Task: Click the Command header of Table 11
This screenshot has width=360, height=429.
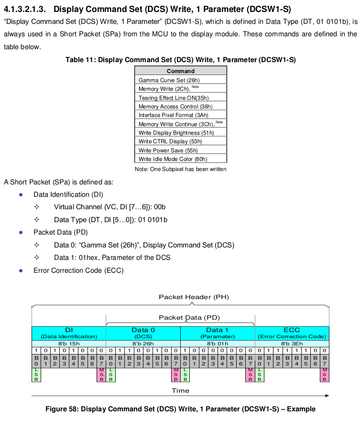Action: pyautogui.click(x=181, y=71)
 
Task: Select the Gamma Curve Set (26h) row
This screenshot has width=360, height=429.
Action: pyautogui.click(x=181, y=80)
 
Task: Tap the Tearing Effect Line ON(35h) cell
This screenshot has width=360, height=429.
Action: pyautogui.click(x=181, y=97)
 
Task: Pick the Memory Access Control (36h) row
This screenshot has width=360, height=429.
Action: pyautogui.click(x=181, y=107)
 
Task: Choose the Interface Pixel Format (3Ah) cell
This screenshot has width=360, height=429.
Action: pyautogui.click(x=181, y=115)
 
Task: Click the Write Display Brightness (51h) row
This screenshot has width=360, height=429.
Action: pyautogui.click(x=181, y=132)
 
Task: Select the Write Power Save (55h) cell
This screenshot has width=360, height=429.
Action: pyautogui.click(x=181, y=150)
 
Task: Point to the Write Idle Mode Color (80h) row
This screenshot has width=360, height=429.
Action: pyautogui.click(x=181, y=159)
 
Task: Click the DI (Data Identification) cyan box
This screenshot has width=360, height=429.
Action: pyautogui.click(x=69, y=333)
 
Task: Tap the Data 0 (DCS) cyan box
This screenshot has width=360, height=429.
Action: pyautogui.click(x=143, y=333)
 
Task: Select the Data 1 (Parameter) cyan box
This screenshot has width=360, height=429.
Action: pyautogui.click(x=218, y=333)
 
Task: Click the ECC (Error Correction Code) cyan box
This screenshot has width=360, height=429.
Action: pyautogui.click(x=292, y=333)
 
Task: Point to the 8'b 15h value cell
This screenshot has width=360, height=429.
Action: pyautogui.click(x=69, y=343)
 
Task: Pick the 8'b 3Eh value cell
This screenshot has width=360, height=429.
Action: pyautogui.click(x=292, y=343)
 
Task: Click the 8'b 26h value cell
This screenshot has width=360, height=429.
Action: pyautogui.click(x=143, y=343)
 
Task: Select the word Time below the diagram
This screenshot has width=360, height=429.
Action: pyautogui.click(x=180, y=390)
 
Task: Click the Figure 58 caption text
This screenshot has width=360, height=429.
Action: pyautogui.click(x=180, y=409)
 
